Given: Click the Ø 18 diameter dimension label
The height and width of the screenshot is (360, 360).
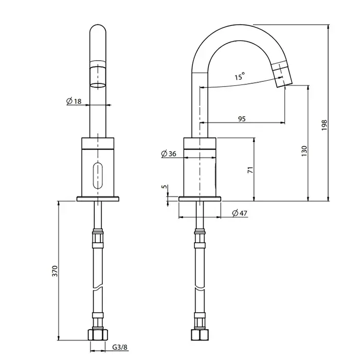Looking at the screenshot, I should (x=75, y=101).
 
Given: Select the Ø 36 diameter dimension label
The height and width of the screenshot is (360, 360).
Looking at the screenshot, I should (x=169, y=154).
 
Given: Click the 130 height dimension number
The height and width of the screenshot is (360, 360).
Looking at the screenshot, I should (x=304, y=151).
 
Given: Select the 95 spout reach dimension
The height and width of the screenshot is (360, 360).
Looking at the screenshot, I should (x=242, y=119).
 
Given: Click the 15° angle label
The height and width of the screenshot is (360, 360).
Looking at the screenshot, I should (x=239, y=77).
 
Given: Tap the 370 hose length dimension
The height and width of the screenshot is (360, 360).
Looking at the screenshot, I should (x=55, y=271).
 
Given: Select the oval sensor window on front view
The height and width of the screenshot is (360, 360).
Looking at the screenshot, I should (x=97, y=175).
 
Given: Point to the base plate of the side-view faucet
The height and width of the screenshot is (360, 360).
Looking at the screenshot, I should (x=200, y=199).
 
